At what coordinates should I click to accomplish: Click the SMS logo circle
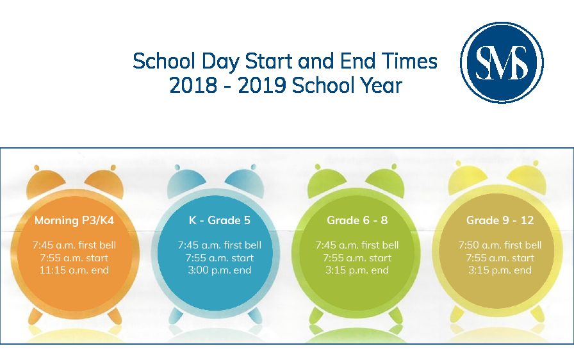click(502, 62)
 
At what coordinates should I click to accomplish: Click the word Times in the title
click(409, 61)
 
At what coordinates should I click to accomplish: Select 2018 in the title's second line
click(193, 85)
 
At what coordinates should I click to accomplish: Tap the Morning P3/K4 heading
click(74, 220)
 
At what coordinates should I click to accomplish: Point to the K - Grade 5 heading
click(220, 220)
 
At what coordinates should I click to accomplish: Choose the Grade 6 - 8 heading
click(357, 220)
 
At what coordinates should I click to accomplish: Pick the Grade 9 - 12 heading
click(500, 220)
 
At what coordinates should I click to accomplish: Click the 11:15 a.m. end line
click(74, 270)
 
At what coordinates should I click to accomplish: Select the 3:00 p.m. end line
click(220, 270)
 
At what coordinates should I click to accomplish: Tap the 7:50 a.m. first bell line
click(500, 245)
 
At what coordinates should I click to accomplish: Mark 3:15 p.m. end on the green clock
click(357, 270)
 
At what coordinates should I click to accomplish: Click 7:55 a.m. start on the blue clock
click(220, 258)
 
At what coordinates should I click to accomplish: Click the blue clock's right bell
click(245, 180)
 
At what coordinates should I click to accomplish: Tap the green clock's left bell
click(327, 180)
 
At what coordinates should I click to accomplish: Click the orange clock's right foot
click(115, 315)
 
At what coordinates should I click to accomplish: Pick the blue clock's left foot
click(176, 315)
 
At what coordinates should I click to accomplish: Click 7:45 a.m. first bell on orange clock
click(74, 245)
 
